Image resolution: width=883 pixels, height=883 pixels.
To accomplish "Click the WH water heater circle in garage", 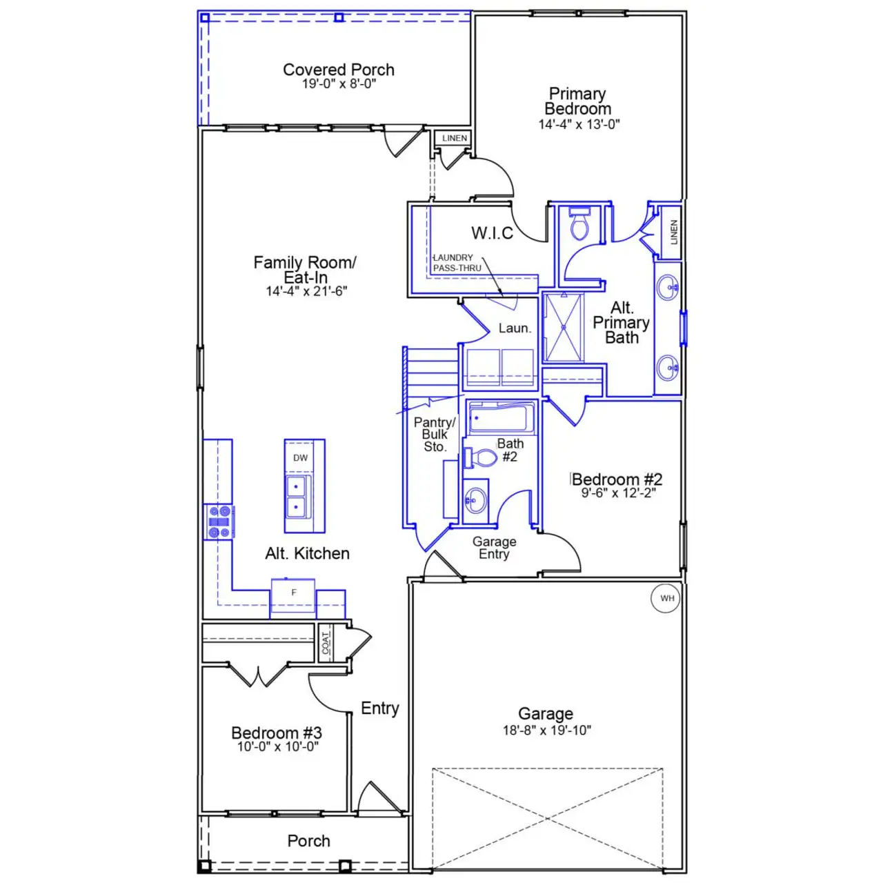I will (667, 598).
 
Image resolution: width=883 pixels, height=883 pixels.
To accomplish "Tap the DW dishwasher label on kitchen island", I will (301, 458).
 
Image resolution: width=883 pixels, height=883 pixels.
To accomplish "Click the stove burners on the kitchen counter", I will (219, 522).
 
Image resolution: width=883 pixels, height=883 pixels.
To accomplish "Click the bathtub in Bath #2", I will (502, 418).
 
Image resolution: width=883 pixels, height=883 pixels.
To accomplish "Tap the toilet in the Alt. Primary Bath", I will (579, 224).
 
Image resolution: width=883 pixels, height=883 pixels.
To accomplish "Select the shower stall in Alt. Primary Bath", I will (564, 327).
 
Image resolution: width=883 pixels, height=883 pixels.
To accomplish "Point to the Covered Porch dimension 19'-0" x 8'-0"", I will (339, 84).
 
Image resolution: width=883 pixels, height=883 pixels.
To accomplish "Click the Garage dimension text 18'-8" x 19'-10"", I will (546, 731).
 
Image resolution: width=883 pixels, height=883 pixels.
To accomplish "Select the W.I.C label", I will (492, 233).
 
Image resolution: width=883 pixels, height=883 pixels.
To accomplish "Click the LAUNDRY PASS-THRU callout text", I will (456, 263).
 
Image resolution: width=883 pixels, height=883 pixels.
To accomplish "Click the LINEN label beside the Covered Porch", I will (455, 138).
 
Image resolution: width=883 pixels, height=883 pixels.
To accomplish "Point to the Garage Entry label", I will (494, 548).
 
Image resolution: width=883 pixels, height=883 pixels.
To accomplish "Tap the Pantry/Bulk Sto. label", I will (435, 435).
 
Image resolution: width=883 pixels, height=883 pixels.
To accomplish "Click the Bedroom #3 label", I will (277, 733).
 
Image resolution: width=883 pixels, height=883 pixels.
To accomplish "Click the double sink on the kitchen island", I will (297, 497).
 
